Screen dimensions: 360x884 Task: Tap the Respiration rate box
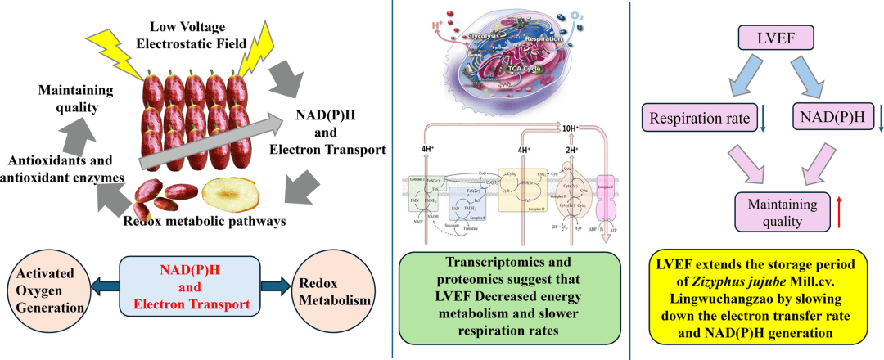click(x=700, y=119)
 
